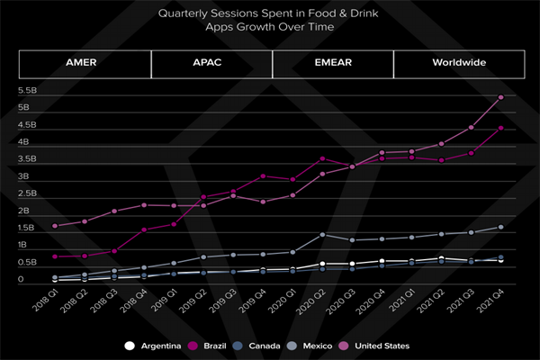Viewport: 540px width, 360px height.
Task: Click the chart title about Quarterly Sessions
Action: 270,21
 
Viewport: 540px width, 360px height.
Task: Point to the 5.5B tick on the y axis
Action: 26,91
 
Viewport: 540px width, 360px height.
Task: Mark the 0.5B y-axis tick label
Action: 26,263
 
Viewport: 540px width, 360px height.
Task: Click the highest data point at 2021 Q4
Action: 500,97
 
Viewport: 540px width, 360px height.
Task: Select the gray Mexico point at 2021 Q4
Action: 500,227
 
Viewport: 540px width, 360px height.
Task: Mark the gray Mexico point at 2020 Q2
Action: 322,235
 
